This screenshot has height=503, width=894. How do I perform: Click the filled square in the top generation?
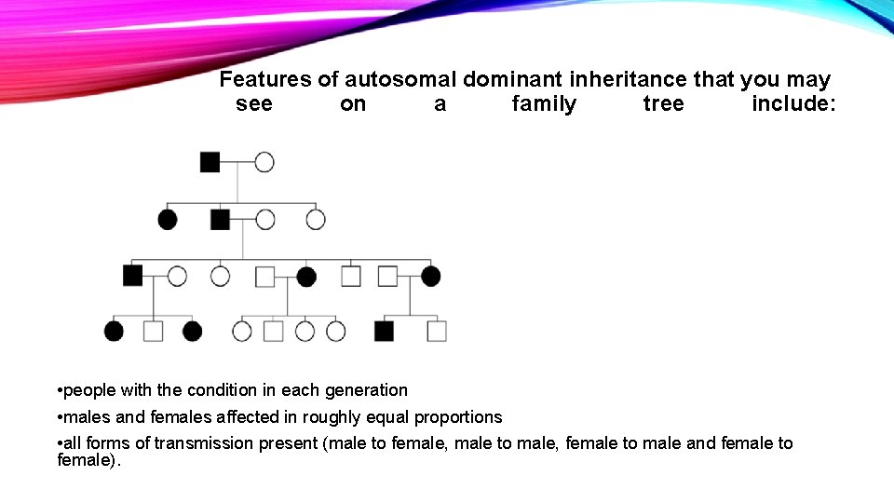210,162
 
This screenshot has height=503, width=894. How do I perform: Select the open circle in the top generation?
264,162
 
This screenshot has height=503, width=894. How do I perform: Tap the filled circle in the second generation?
168,220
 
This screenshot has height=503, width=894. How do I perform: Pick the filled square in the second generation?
220,220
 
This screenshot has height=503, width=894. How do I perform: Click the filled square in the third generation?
132,276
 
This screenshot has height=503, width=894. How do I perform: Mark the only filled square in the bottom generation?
384,331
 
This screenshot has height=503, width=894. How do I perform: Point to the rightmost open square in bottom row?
437,331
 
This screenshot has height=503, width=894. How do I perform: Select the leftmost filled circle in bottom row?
114,331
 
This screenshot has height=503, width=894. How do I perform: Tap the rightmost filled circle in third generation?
430,276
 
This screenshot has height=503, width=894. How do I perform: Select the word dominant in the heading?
508,80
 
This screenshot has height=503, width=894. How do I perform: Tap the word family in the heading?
544,104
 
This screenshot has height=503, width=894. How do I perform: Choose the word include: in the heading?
793,104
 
